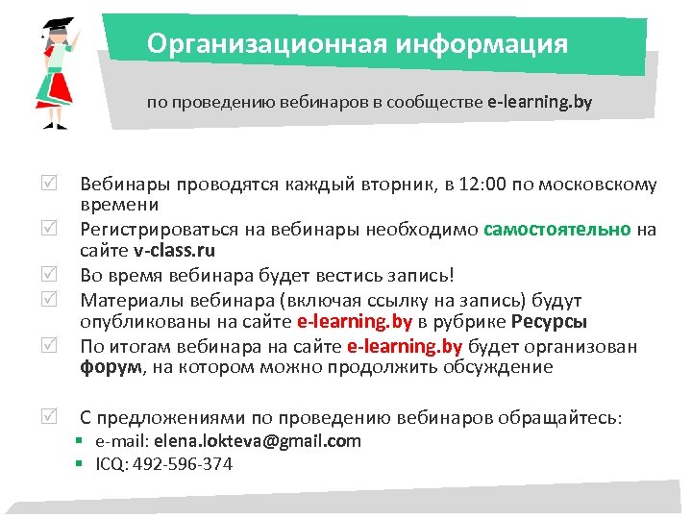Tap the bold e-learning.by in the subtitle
tap(539, 102)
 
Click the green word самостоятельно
tap(558, 230)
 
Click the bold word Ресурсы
tap(549, 322)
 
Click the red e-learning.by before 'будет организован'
tap(405, 346)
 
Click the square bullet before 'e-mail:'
tap(85, 442)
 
